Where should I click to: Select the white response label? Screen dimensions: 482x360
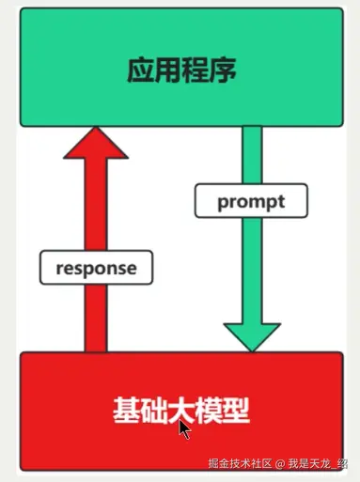click(96, 268)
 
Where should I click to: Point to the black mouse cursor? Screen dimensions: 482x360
click(184, 429)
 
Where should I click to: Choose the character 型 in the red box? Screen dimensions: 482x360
click(238, 411)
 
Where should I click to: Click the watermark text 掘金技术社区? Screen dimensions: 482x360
click(240, 464)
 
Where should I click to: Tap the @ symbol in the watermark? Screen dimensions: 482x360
click(279, 464)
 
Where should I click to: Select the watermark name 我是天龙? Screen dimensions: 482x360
click(310, 464)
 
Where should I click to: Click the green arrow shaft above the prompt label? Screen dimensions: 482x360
click(251, 155)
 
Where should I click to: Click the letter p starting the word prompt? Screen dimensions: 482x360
click(223, 203)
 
